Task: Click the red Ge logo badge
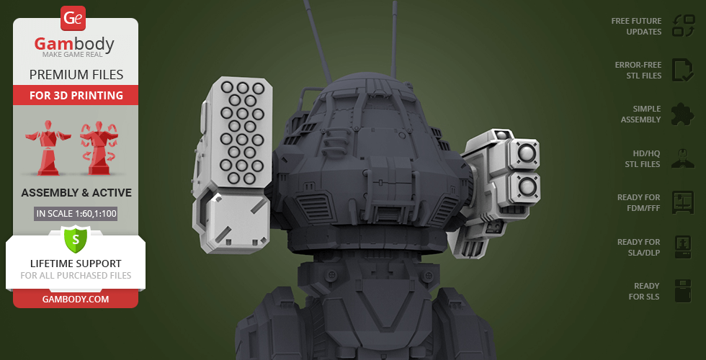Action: pyautogui.click(x=73, y=19)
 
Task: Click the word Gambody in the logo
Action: pyautogui.click(x=74, y=44)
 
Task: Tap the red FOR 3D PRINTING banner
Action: pyautogui.click(x=76, y=95)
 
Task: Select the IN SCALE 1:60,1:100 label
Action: pyautogui.click(x=76, y=213)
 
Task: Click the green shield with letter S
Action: pyautogui.click(x=76, y=239)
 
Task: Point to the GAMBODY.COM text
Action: pyautogui.click(x=76, y=300)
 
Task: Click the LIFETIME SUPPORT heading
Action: pyautogui.click(x=76, y=264)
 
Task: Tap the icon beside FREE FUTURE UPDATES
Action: pyautogui.click(x=684, y=26)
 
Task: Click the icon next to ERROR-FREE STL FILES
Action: pyautogui.click(x=683, y=70)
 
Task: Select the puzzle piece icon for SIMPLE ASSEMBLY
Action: pyautogui.click(x=683, y=114)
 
